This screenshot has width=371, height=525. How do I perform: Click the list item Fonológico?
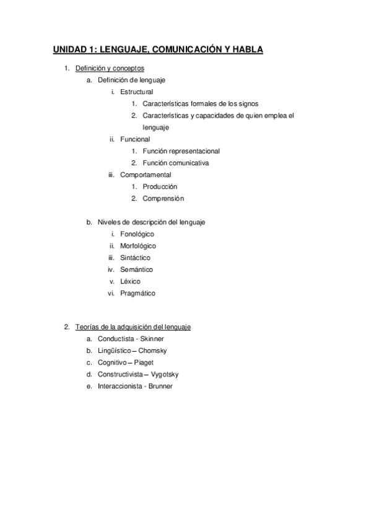point(137,234)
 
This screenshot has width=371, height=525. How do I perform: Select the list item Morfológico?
point(138,246)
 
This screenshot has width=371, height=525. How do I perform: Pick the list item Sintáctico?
point(135,258)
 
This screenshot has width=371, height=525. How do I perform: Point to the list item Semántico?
point(136,269)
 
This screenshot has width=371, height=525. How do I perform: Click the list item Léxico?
point(130,281)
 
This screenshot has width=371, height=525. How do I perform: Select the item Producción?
point(160,186)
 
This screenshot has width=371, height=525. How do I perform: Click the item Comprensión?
point(163,198)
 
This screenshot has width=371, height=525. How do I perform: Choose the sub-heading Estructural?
point(136,92)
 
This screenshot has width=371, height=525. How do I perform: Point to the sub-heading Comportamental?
point(146,175)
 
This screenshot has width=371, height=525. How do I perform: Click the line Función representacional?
point(181,150)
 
